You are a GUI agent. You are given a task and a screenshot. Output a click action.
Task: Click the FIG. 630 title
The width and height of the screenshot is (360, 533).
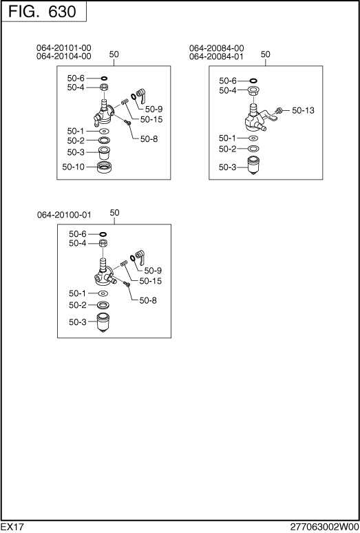[x=43, y=11]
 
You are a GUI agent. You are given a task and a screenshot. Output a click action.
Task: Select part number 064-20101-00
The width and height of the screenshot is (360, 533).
[x=64, y=48]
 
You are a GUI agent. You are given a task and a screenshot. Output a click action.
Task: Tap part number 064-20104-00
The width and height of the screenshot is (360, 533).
[x=64, y=56]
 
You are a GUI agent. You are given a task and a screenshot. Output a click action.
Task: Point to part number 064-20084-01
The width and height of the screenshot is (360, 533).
[x=216, y=56]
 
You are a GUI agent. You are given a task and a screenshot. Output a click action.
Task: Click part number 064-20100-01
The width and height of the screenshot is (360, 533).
[x=64, y=215]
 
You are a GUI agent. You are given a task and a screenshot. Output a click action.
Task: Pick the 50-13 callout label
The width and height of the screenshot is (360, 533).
[x=304, y=110]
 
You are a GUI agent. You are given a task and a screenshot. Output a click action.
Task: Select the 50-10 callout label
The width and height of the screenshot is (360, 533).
[x=74, y=167]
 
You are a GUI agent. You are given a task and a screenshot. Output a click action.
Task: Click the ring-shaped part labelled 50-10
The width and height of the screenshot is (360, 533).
[x=105, y=167]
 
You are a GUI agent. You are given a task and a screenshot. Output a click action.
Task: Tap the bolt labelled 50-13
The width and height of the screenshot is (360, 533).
[x=279, y=110]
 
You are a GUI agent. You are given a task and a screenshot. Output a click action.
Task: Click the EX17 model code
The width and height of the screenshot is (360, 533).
[x=12, y=527]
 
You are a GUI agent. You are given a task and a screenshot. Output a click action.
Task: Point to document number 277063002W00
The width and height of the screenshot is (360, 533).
[x=325, y=527]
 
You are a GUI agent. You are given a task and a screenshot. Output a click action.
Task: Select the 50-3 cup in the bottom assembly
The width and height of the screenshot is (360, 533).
[x=104, y=322]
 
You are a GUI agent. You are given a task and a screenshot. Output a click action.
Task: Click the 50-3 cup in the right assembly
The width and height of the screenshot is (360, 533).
[x=253, y=165]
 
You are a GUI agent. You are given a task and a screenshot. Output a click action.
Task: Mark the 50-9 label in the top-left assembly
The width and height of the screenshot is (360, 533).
[x=153, y=109]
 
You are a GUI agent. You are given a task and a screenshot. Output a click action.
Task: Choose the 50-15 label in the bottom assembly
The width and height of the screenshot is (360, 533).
[x=151, y=281]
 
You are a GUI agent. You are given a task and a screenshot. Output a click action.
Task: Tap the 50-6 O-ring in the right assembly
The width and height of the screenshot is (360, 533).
[x=253, y=81]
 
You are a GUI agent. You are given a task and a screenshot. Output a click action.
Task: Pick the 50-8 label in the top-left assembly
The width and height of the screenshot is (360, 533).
[x=149, y=138]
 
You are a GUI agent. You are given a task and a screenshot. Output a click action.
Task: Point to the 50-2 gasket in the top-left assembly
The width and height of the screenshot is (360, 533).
[x=104, y=140]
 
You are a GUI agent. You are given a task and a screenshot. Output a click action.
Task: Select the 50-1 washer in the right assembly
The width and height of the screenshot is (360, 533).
[x=253, y=138]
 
